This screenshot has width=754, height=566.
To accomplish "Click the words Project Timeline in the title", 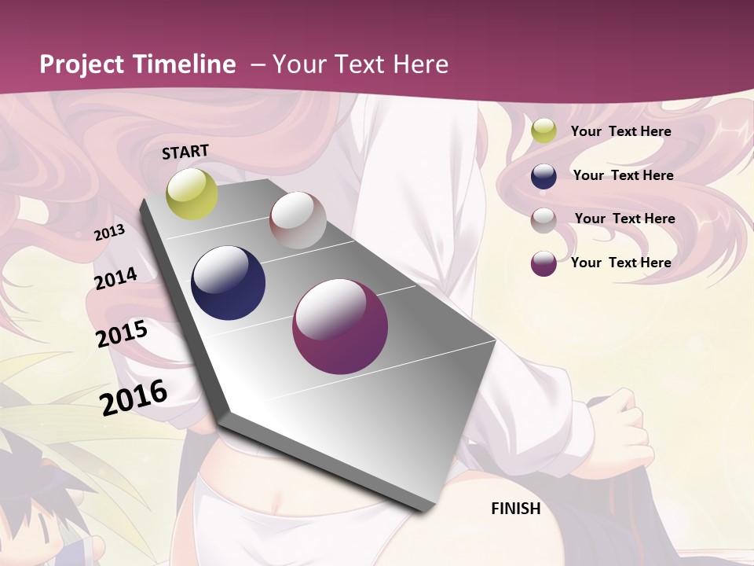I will pyautogui.click(x=137, y=64).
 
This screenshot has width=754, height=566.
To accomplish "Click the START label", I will pyautogui.click(x=185, y=152).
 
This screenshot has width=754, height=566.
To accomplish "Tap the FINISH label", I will pyautogui.click(x=516, y=509).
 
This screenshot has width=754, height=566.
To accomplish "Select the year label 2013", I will pyautogui.click(x=110, y=233).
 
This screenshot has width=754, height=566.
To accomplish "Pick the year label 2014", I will pyautogui.click(x=116, y=279).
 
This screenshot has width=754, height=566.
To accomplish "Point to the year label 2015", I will pyautogui.click(x=122, y=334).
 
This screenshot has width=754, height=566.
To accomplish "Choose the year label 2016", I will pyautogui.click(x=134, y=397).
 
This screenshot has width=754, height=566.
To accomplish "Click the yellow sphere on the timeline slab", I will pyautogui.click(x=192, y=193).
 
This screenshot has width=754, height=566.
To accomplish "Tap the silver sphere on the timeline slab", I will pyautogui.click(x=298, y=220).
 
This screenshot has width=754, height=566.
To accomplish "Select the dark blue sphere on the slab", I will pyautogui.click(x=229, y=283).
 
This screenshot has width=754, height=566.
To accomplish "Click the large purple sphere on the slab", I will pyautogui.click(x=340, y=326).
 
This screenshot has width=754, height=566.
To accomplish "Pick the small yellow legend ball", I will pyautogui.click(x=544, y=131).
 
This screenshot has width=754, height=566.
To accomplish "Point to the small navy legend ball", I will pyautogui.click(x=544, y=176).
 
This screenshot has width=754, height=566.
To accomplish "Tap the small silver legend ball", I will pyautogui.click(x=544, y=219).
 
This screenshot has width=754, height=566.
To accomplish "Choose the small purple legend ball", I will pyautogui.click(x=544, y=263).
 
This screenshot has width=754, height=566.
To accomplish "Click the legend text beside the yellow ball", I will pyautogui.click(x=620, y=131).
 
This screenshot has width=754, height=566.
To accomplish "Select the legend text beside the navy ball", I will pyautogui.click(x=623, y=175).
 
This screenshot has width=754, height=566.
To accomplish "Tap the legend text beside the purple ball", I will pyautogui.click(x=620, y=263).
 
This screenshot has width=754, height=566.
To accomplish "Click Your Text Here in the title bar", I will pyautogui.click(x=361, y=64).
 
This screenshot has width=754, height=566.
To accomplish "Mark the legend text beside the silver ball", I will pyautogui.click(x=624, y=219).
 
